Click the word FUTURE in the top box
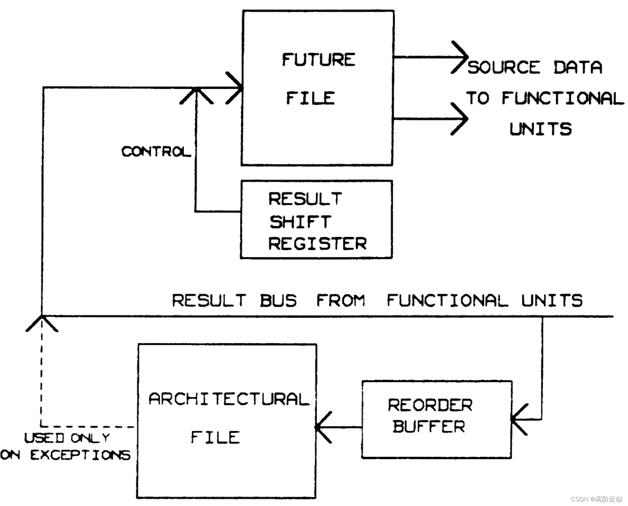(x=318, y=60)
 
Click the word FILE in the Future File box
(x=310, y=98)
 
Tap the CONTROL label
(x=156, y=151)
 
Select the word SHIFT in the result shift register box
(x=300, y=222)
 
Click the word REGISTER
(x=317, y=244)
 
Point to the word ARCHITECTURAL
(x=229, y=399)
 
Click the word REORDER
(x=430, y=405)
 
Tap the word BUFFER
(x=429, y=426)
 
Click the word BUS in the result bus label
(x=278, y=300)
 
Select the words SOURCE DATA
(x=535, y=68)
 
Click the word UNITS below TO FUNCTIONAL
(x=541, y=129)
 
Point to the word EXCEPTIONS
(x=80, y=455)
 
